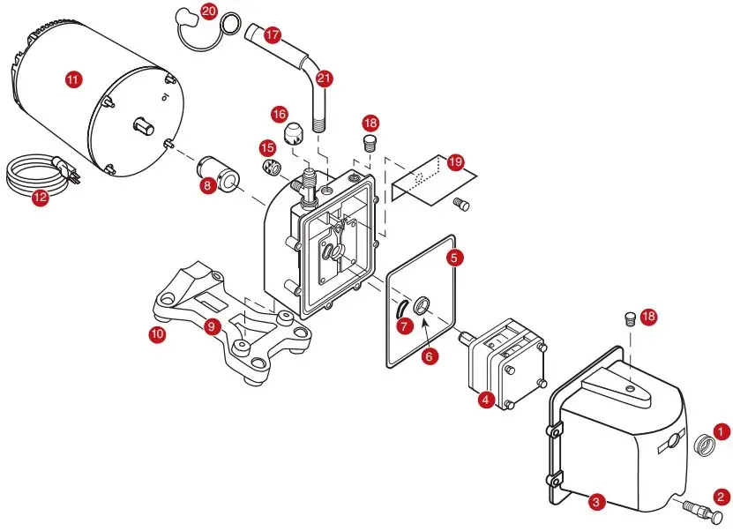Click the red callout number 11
pos(72,79)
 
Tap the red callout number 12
pos(41,198)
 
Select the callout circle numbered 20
pos(208,11)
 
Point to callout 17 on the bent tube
pos(272,35)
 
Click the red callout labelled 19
pos(454,162)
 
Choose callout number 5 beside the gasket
pos(454,258)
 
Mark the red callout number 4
pos(485,400)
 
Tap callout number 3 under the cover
pos(597,502)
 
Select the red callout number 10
pos(157,334)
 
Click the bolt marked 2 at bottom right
pos(697,511)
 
